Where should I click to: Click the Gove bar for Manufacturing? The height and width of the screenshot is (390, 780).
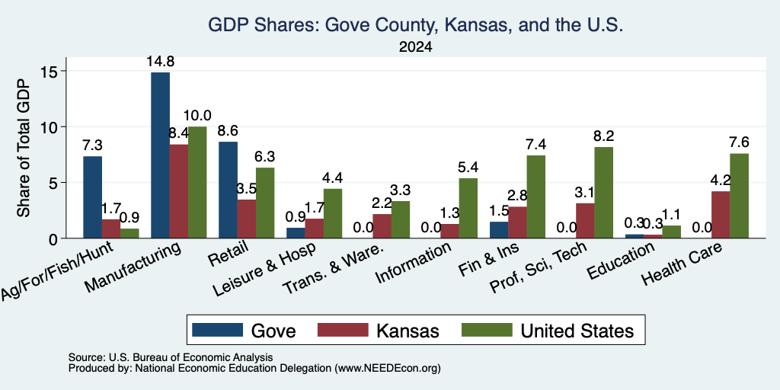[x=160, y=155]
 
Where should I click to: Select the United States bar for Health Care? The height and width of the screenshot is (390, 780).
[x=739, y=196]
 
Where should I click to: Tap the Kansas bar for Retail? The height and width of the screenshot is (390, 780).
[x=246, y=219]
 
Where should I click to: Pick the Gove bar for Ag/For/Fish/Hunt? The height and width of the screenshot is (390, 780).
[x=92, y=197]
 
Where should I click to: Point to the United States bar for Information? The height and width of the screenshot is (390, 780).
[x=468, y=208]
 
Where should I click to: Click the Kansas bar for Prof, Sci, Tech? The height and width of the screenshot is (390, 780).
[x=585, y=221]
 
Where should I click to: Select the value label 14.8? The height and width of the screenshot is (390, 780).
[x=160, y=62]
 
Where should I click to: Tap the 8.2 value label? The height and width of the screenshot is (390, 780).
[x=603, y=136]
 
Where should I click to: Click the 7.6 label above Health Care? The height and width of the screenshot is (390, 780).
[x=739, y=142]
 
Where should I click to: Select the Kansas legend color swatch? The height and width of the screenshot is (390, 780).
[x=343, y=330]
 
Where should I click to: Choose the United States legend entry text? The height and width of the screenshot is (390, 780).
[x=577, y=331]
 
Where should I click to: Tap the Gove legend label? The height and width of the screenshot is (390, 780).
[x=273, y=331]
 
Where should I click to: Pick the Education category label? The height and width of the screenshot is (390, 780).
[x=620, y=261]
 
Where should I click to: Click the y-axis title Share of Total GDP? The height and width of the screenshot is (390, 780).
[x=24, y=148]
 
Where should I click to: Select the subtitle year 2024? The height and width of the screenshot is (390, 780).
[x=415, y=47]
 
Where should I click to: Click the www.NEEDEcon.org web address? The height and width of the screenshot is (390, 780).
[x=388, y=368]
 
